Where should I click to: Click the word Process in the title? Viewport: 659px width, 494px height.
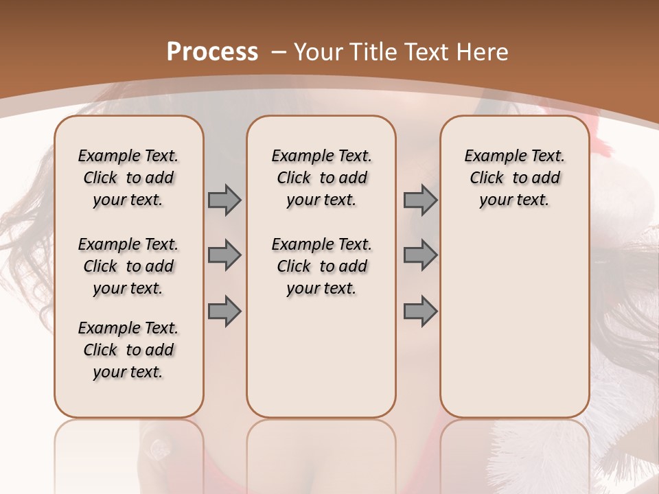(212, 52)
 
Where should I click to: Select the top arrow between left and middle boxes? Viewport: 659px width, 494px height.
(224, 200)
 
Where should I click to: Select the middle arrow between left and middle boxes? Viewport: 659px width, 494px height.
(224, 255)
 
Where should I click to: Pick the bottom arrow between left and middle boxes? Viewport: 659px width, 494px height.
(224, 311)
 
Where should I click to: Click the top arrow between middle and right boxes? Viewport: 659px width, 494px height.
(420, 200)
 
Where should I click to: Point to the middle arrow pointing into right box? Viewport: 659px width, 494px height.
(420, 255)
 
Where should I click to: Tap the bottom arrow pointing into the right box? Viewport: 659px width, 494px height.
(420, 311)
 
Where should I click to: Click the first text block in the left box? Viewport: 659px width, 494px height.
(128, 178)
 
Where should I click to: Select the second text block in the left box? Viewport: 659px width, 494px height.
(128, 266)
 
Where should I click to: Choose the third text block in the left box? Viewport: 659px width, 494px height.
(128, 350)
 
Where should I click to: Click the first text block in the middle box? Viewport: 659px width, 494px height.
(321, 178)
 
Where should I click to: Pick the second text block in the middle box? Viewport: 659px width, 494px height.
(321, 266)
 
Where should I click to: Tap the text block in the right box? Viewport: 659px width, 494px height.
(514, 178)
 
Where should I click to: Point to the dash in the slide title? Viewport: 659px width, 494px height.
(279, 52)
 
